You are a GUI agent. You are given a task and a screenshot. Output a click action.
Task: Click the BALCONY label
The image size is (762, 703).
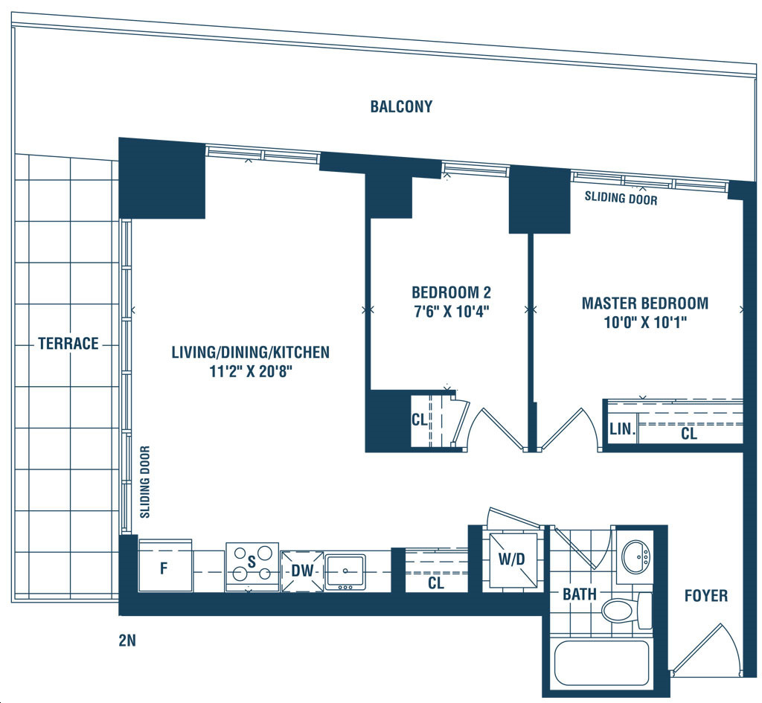pos(401,106)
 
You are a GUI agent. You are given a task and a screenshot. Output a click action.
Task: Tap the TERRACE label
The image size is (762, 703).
pos(68,344)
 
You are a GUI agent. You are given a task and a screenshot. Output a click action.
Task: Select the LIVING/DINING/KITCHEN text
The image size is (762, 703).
pos(251,352)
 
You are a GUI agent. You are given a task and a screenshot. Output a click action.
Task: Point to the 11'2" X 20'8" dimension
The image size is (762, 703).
pos(251,372)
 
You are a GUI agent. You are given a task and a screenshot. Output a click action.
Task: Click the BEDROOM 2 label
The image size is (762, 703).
pos(452,292)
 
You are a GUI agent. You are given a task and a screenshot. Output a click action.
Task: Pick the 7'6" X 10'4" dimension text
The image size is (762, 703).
pos(452,311)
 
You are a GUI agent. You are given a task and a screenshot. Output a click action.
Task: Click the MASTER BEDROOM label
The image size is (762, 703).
pos(645,304)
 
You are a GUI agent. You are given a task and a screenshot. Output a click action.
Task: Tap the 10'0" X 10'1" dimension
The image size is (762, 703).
pos(645,322)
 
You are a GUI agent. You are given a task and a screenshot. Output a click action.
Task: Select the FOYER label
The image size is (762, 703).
pos(706,596)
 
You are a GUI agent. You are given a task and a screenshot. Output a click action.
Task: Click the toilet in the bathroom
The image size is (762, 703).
pos(626,610)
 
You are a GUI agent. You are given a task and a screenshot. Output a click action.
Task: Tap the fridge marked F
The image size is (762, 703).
pos(165,565)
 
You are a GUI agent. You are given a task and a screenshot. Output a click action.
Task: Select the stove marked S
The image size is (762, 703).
pos(252,567)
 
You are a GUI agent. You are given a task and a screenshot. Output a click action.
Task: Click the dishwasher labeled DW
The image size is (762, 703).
pos(302,571)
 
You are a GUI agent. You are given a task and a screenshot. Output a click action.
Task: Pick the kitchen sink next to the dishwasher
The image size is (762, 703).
pos(345,572)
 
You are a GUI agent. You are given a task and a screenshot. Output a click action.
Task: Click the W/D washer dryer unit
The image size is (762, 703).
pos(513,559)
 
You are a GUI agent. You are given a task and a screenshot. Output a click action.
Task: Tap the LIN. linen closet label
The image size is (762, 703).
pos(623,429)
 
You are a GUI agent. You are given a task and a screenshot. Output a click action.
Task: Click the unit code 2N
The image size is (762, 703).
pos(127,641)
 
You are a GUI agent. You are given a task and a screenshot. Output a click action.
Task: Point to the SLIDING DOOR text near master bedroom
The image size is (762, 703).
pos(621,198)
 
